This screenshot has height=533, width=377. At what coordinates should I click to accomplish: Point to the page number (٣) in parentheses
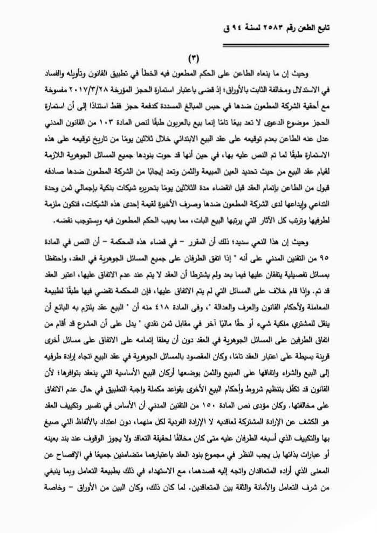coord(193,59)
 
